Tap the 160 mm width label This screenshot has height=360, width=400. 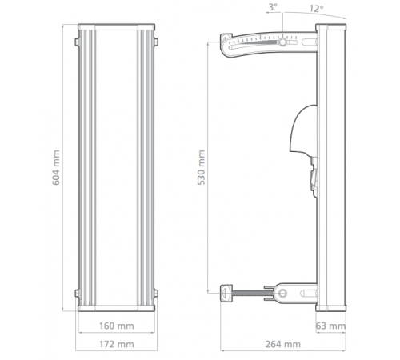(118, 326)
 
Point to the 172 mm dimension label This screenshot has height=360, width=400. (118, 345)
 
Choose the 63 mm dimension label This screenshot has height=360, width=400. (330, 326)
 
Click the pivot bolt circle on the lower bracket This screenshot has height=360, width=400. (282, 293)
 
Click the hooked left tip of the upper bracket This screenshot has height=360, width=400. (225, 41)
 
